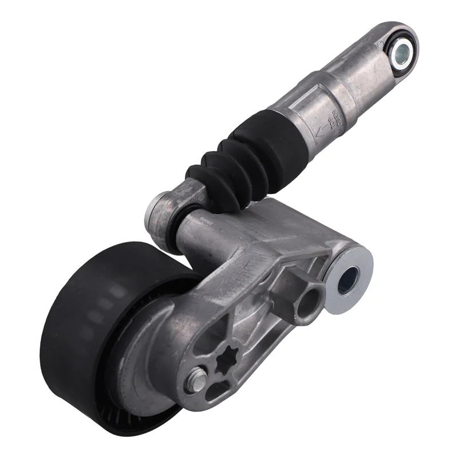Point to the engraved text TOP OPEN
click(338, 117)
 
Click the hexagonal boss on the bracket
click(306, 298)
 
